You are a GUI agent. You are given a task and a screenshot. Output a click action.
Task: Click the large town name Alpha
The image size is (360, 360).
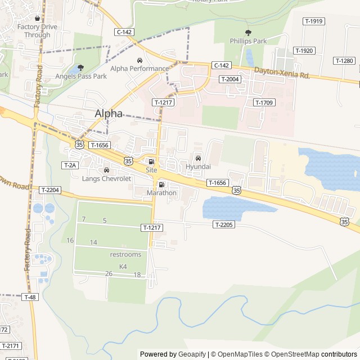109,113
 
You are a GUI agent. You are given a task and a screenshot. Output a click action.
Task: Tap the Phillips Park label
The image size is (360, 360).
248,41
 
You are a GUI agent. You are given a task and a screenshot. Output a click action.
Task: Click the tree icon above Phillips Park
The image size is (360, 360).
248,33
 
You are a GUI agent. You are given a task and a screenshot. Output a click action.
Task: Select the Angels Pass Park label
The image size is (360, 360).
81,76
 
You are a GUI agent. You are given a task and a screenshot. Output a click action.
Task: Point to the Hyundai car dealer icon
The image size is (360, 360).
197,157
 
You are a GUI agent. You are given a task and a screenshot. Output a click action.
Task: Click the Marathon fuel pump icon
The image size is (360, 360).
161,184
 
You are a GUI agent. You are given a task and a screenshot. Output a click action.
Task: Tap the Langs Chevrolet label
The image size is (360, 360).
106,179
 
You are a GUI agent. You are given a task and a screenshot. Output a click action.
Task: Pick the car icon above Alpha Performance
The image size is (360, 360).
139,60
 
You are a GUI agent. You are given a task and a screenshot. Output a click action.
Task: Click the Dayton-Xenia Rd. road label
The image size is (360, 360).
282,73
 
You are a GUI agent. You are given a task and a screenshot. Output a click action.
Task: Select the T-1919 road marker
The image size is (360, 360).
313,21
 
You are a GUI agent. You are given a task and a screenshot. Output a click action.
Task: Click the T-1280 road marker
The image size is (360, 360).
344,61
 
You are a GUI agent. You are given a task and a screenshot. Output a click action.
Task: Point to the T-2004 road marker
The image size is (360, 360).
229,79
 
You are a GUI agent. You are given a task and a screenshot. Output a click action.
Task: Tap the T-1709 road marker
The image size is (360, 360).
263,102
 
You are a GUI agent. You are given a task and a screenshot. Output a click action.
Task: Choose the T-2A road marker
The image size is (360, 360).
69,165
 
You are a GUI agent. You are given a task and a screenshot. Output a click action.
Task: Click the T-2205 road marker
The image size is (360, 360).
223,224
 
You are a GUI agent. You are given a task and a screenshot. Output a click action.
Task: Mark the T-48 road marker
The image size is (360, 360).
30,297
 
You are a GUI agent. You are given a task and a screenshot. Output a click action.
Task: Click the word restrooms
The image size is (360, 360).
125,255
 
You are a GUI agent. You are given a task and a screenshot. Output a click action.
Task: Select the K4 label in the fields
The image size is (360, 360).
123,266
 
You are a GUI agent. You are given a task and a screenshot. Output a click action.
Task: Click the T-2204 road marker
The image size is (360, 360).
49,190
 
